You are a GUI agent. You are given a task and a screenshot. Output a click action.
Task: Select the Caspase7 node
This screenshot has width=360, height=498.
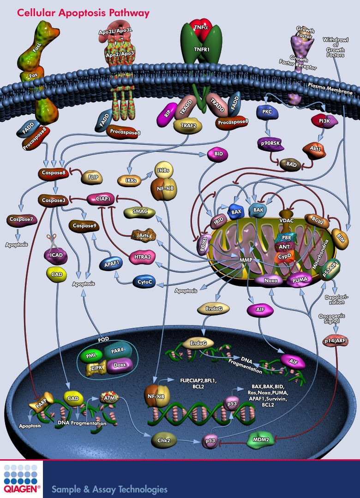tap(19, 220)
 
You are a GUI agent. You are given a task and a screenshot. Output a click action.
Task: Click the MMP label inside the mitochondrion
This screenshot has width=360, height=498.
tap(246, 261)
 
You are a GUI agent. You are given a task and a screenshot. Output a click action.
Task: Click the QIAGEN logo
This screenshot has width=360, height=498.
tap(21, 480)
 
